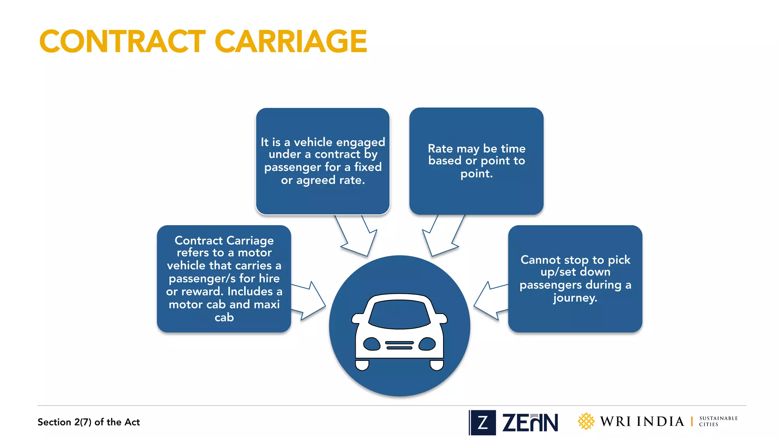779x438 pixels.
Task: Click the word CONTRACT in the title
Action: (122, 41)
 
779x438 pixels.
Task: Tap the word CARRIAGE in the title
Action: (291, 41)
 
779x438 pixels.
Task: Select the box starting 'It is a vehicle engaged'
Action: (323, 161)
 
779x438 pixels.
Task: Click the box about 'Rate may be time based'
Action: (476, 161)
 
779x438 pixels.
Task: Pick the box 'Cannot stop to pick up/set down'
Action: (575, 279)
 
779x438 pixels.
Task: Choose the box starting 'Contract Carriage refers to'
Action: (224, 279)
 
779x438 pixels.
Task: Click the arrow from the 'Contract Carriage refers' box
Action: (308, 301)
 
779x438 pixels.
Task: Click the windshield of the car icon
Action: (399, 314)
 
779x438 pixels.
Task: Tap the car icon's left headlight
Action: (372, 344)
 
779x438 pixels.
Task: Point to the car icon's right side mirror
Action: (442, 319)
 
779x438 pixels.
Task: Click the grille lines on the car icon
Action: (399, 345)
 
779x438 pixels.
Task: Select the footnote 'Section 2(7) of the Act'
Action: (89, 422)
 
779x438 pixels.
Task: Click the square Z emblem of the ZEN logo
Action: (483, 422)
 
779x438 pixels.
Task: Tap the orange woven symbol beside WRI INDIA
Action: (586, 421)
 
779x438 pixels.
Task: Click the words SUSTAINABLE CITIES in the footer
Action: (718, 421)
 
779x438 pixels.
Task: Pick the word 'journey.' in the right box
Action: (575, 298)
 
